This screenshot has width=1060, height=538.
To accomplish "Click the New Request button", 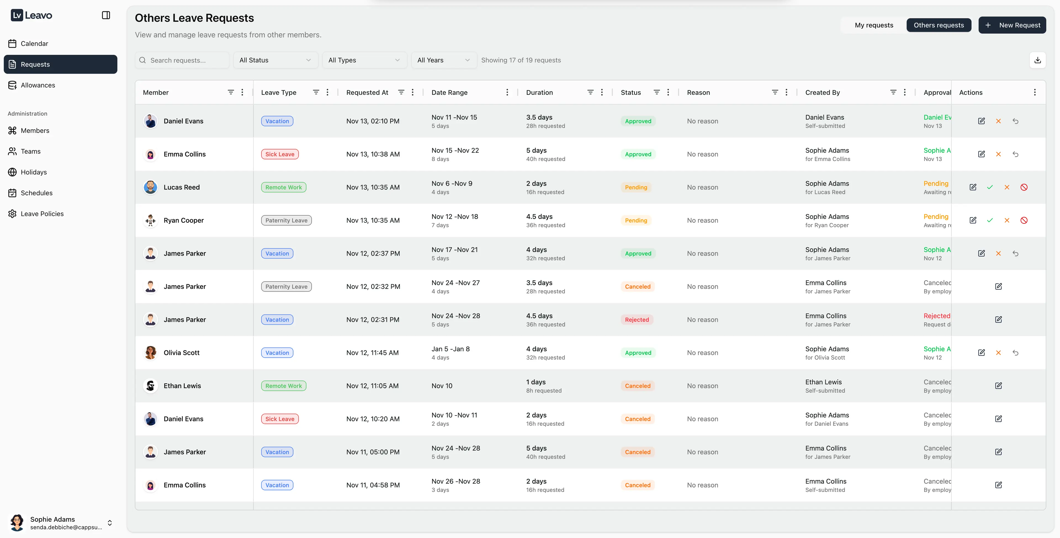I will pos(1012,25).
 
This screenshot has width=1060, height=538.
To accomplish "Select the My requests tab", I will pos(874,25).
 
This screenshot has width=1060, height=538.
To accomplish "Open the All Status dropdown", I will pos(275,60).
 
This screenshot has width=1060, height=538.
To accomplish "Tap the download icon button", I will pos(1037,60).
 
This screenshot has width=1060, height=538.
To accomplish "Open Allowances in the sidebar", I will pos(38,85).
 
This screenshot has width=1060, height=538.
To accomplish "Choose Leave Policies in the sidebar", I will pos(42,214).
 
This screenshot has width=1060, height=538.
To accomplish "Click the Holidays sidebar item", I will pos(34,172).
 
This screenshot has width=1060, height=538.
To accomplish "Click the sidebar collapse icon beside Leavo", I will pos(106,15).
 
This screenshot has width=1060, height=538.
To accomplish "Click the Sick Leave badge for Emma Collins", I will pos(280,154).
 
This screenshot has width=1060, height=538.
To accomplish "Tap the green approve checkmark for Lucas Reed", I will pos(990,188).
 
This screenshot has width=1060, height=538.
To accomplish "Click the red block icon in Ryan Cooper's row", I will pos(1024,220).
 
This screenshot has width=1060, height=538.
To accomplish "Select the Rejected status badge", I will pos(637,320).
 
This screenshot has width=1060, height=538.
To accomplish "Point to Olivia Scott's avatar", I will pos(151,353).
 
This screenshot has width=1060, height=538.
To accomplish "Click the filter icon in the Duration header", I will pos(590,92).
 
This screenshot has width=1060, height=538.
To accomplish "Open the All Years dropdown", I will pos(443,60).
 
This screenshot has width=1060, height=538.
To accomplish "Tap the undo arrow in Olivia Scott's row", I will pos(1015,353).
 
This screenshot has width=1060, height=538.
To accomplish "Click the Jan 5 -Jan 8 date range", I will pos(451,349).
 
